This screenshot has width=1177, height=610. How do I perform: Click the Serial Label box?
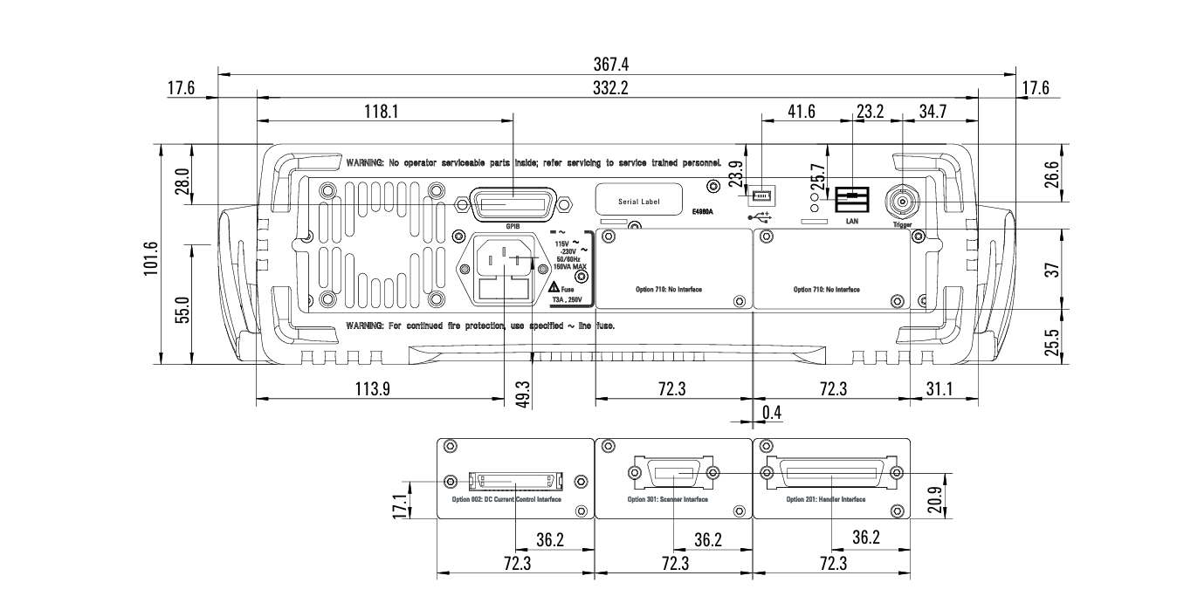pos(638,200)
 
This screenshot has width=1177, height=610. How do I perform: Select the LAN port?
pos(851,201)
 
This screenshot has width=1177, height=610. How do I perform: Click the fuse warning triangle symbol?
pos(554,289)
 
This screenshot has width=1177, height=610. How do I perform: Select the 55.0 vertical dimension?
pos(183,310)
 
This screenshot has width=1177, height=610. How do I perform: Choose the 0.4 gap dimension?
pos(771,411)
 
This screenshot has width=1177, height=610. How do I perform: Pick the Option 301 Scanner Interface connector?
pos(673,473)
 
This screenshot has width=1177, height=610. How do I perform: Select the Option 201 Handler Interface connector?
pos(832,472)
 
